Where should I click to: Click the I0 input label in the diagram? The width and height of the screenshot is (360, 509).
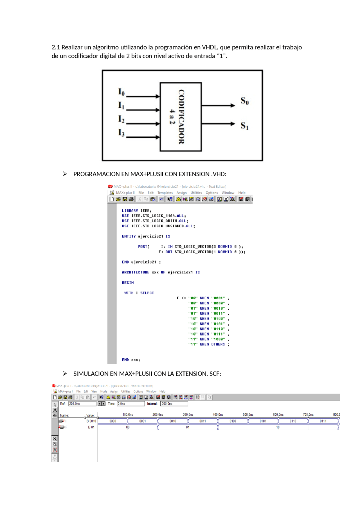click(121, 92)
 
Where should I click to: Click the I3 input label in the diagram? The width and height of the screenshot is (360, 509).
click(121, 132)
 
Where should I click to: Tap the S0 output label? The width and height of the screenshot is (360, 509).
click(244, 101)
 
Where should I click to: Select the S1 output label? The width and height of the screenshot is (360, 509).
click(244, 125)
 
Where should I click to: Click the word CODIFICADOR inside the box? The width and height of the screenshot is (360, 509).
click(181, 117)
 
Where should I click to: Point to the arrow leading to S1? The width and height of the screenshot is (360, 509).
click(218, 124)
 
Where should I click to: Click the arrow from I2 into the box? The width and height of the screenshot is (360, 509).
click(143, 124)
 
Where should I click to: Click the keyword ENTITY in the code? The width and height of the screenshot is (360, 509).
click(129, 236)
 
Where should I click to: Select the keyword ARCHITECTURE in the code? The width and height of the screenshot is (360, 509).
click(135, 272)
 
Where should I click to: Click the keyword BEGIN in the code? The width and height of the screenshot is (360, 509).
click(128, 283)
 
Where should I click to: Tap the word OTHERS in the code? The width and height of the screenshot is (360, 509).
click(218, 344)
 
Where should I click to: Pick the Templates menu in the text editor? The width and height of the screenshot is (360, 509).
click(165, 193)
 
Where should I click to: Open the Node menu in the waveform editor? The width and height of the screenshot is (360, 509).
click(103, 391)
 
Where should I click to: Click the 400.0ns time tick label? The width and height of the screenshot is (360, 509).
click(218, 415)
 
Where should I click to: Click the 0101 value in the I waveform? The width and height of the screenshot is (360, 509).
click(263, 421)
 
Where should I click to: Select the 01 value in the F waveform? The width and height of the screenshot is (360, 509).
click(187, 427)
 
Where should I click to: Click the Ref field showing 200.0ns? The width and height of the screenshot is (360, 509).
click(82, 404)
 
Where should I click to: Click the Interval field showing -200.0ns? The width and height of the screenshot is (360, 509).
click(174, 404)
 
